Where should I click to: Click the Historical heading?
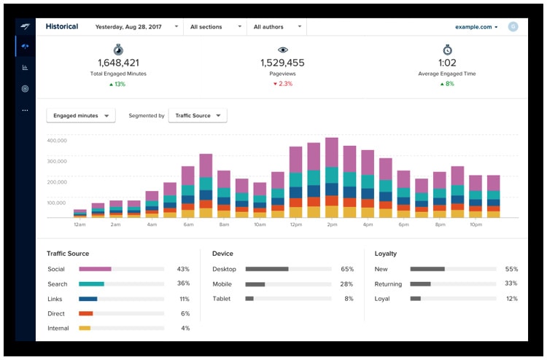[x=62, y=26]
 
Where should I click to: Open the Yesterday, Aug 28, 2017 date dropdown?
[x=137, y=27]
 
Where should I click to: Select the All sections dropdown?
[x=216, y=27]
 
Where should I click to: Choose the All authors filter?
[x=277, y=27]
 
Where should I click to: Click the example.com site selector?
[x=476, y=27]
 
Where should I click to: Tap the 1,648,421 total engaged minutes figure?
[x=118, y=63]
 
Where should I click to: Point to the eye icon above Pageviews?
[x=282, y=50]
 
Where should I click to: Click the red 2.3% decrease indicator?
[x=282, y=84]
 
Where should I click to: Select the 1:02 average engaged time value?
[x=447, y=63]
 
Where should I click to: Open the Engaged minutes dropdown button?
[x=81, y=116]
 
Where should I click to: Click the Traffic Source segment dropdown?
[x=198, y=116]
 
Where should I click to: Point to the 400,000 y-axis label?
[x=57, y=141]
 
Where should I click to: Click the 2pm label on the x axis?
[x=332, y=224]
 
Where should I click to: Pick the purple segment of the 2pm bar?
[x=332, y=152]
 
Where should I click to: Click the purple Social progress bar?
[x=96, y=269]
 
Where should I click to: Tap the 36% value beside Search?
[x=183, y=283]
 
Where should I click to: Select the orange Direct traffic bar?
[x=86, y=313]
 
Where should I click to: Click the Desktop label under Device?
[x=225, y=269]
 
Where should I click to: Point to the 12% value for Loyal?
[x=512, y=299]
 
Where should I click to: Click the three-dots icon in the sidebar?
[x=25, y=110]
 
